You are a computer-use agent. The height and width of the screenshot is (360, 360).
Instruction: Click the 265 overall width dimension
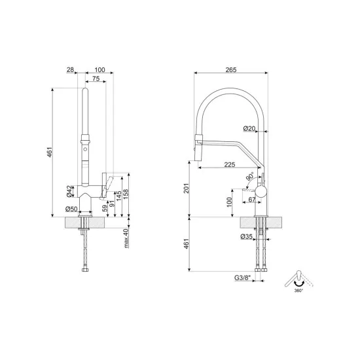[231, 70]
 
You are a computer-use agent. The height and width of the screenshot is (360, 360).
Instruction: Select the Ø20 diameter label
[249, 128]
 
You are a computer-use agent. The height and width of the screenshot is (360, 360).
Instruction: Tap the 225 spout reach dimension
[230, 164]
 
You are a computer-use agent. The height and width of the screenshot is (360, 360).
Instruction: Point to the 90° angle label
[250, 177]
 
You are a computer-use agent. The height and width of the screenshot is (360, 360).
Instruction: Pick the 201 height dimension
[186, 189]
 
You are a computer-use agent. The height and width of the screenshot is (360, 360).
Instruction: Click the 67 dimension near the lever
[252, 200]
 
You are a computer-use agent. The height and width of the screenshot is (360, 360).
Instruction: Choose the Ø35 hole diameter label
[247, 236]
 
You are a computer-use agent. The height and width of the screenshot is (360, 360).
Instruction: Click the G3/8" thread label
[242, 278]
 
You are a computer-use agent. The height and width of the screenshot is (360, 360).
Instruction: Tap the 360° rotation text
[298, 291]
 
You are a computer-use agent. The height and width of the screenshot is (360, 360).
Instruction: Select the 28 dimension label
[70, 69]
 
